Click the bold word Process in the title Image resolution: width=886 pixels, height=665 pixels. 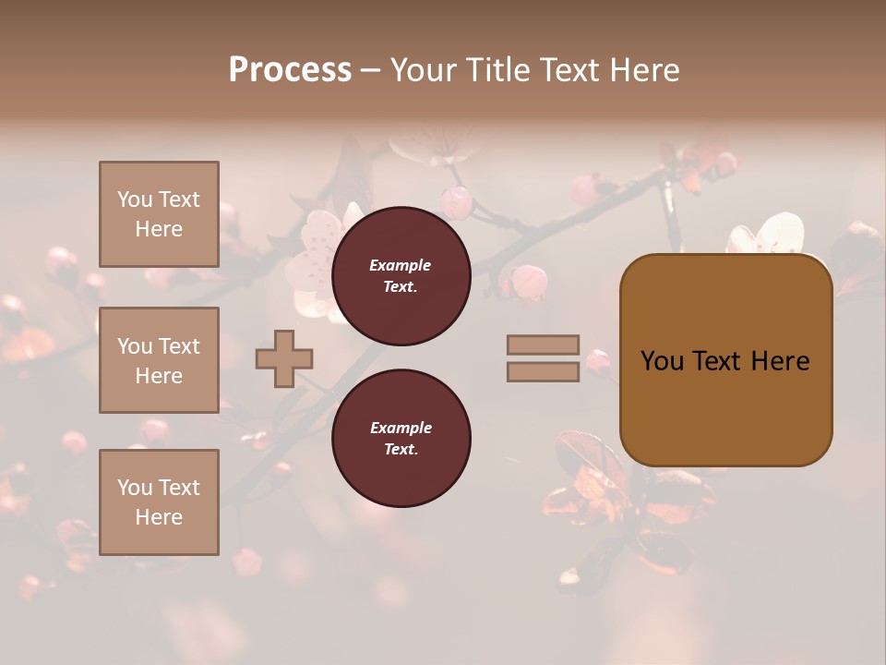[290, 70]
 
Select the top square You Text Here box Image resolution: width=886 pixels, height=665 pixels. [159, 214]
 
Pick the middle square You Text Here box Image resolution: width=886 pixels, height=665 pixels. [159, 360]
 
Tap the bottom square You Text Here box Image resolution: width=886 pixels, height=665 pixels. [159, 502]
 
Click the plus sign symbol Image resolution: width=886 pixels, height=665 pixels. [284, 357]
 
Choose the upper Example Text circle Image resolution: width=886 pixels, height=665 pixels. [401, 276]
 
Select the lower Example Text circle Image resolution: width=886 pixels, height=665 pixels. [401, 439]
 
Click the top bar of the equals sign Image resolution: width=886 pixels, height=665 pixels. [543, 345]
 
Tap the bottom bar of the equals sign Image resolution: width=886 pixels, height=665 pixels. [543, 371]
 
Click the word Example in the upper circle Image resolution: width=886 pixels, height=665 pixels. [401, 265]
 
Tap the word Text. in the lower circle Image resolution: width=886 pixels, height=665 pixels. [401, 450]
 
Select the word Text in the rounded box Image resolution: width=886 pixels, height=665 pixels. [717, 361]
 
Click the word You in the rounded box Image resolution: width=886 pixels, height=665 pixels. [662, 361]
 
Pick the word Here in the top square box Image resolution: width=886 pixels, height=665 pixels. [159, 229]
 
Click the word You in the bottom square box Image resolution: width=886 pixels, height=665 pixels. [135, 487]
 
